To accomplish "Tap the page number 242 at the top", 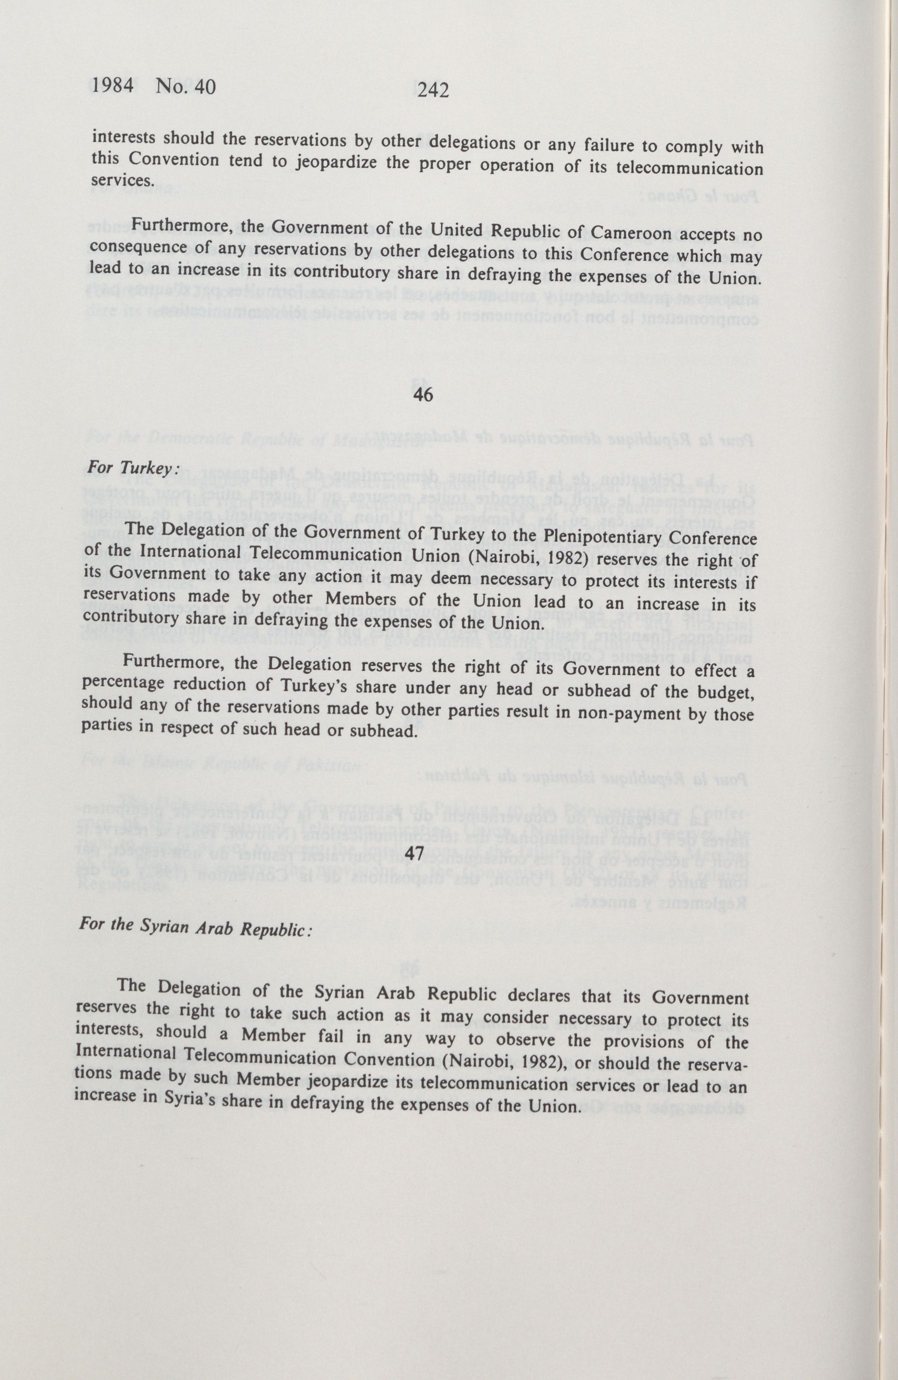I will coord(433,89).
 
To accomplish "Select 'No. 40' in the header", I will coord(185,86).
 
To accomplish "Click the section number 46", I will coord(424,394).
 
